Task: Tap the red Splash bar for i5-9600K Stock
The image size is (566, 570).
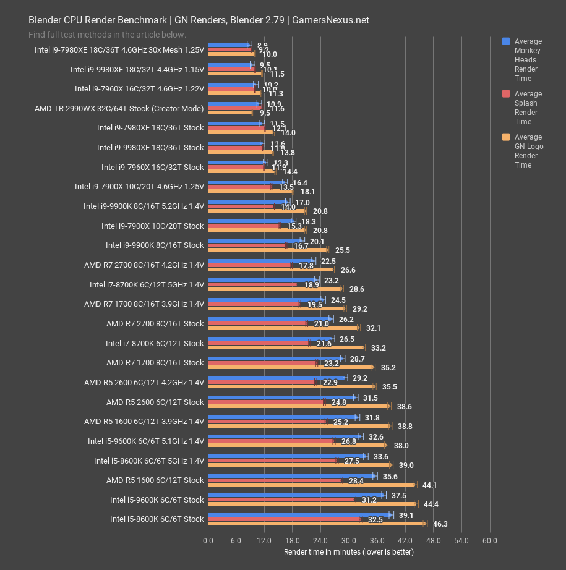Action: [x=280, y=500]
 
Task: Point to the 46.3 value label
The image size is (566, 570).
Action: [x=440, y=524]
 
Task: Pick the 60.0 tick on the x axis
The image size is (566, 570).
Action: [x=489, y=540]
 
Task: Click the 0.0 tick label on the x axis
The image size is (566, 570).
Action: [x=208, y=540]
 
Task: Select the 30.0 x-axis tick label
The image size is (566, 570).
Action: [x=348, y=540]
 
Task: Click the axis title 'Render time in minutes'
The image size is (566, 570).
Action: [x=349, y=551]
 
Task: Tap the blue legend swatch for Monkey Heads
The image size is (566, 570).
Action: [x=505, y=41]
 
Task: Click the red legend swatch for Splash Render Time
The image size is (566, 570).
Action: [x=505, y=94]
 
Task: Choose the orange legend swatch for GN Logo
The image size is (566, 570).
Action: [x=505, y=137]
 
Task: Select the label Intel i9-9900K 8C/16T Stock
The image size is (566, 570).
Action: [x=154, y=245]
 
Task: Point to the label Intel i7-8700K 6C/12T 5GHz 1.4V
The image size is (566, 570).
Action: [x=146, y=284]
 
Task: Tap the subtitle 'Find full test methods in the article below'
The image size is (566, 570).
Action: [x=107, y=35]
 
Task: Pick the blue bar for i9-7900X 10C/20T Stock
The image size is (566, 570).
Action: [x=251, y=221]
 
